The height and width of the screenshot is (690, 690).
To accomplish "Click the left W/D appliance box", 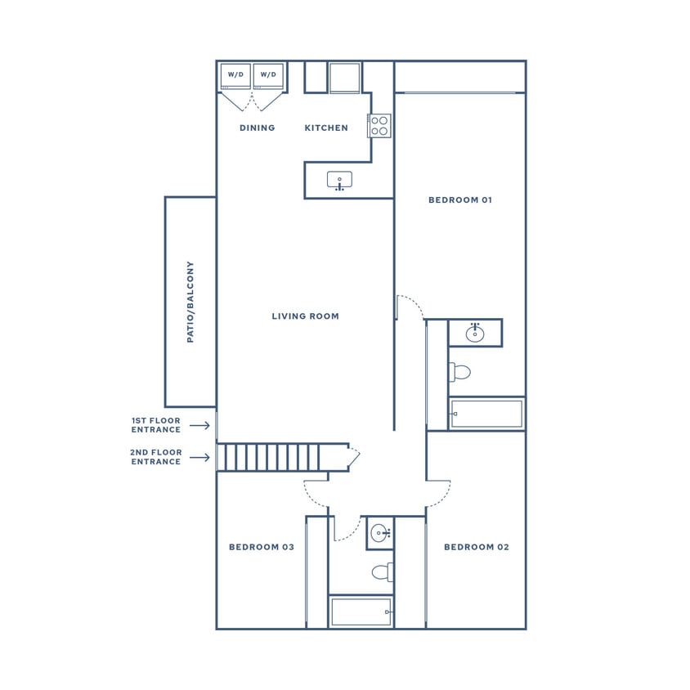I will pos(235,75).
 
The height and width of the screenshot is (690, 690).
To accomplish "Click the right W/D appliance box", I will pos(268,75).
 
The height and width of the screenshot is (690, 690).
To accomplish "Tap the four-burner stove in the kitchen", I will pos(379,125).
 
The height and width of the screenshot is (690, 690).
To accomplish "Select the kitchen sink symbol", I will pos(339,181).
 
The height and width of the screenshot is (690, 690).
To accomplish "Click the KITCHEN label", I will pos(326,128).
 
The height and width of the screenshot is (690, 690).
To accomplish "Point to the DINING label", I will pos(258,128).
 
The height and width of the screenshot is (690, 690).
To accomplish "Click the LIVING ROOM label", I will pos(305,316).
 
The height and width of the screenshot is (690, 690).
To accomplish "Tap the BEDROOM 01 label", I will pos(460,200).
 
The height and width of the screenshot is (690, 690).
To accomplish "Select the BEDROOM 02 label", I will pos(476,547).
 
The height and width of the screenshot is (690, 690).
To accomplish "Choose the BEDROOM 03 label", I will pos(262,547).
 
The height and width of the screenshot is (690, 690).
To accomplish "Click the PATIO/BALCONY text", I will pos(190,302).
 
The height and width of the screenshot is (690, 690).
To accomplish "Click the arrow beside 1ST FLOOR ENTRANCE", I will pos(199,425).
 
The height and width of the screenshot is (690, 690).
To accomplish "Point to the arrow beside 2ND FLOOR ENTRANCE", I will pos(199,457).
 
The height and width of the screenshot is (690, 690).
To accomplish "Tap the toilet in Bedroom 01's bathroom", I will pos(460,373).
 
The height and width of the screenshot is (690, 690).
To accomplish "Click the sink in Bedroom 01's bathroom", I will pos(475,333).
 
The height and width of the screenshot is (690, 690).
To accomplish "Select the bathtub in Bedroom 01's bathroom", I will pos(487,414).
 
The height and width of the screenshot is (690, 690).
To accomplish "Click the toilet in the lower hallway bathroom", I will pos(383,571).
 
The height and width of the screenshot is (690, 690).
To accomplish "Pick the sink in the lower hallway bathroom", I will pos(379,533).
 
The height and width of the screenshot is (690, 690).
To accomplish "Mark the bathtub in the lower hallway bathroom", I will pos(361,612).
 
